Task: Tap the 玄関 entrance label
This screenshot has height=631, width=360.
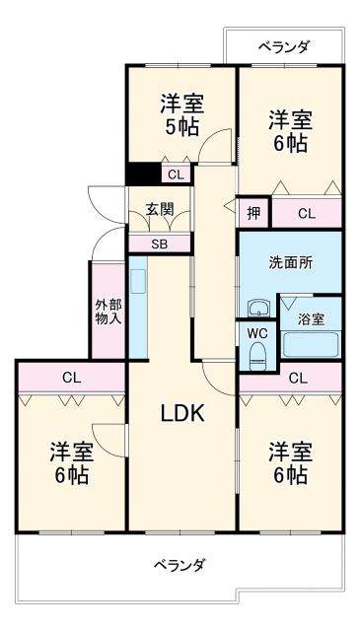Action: click(x=160, y=209)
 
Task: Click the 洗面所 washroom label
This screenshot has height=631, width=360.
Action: click(x=292, y=263)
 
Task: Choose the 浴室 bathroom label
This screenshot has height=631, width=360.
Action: click(x=315, y=320)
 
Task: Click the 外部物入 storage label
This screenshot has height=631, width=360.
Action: click(x=108, y=311)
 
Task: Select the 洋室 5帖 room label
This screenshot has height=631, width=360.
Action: click(x=180, y=113)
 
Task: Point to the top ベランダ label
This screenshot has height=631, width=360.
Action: click(x=285, y=46)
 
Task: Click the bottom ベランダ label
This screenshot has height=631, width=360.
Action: click(x=180, y=565)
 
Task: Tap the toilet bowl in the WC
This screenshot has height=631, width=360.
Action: click(x=257, y=355)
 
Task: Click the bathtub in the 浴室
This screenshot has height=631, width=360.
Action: click(x=311, y=344)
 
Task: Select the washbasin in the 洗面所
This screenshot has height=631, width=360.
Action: click(x=258, y=307)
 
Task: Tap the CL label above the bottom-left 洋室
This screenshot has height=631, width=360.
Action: click(x=70, y=377)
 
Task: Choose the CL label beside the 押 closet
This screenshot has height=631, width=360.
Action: click(x=307, y=212)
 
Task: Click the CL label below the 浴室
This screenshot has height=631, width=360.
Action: click(x=299, y=377)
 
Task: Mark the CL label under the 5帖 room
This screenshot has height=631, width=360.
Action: click(x=175, y=175)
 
